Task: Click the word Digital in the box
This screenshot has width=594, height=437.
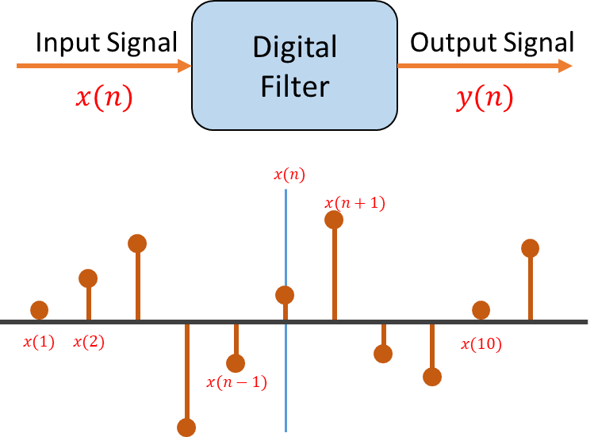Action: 294,48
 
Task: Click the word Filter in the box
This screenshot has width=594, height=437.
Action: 294,86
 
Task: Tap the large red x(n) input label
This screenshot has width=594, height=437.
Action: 104,98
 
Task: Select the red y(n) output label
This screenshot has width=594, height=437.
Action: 485,98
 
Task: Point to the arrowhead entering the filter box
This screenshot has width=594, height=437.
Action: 186,66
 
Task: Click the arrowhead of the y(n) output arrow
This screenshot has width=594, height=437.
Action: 565,66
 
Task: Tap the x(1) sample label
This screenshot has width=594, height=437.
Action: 39,343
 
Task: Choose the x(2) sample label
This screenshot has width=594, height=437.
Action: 89,343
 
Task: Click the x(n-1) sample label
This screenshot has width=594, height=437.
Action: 236,382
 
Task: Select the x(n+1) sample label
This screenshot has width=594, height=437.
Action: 355,203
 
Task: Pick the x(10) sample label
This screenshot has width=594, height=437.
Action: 481,344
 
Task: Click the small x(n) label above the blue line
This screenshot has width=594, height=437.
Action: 289,174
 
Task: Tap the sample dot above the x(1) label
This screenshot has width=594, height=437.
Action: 39,310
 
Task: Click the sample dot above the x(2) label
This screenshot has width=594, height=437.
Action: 88,278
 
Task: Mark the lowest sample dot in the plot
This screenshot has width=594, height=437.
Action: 186,427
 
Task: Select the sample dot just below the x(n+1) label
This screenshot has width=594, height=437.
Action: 334,220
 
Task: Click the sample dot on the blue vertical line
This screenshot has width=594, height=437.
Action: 285,295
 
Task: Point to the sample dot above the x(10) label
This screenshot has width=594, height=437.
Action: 481,310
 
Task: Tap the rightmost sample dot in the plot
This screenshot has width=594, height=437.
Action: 530,248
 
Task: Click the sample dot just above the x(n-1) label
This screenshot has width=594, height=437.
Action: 236,363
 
